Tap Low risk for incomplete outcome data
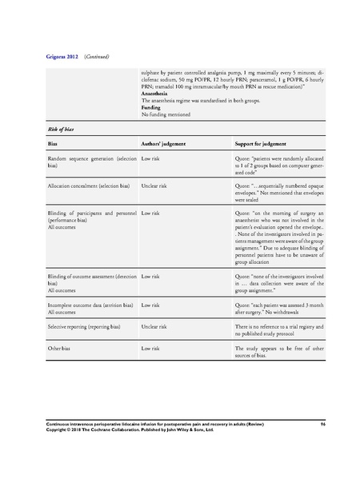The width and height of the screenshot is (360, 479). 152,303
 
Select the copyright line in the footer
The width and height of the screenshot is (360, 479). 129,429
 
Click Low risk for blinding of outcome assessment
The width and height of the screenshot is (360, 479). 152,276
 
